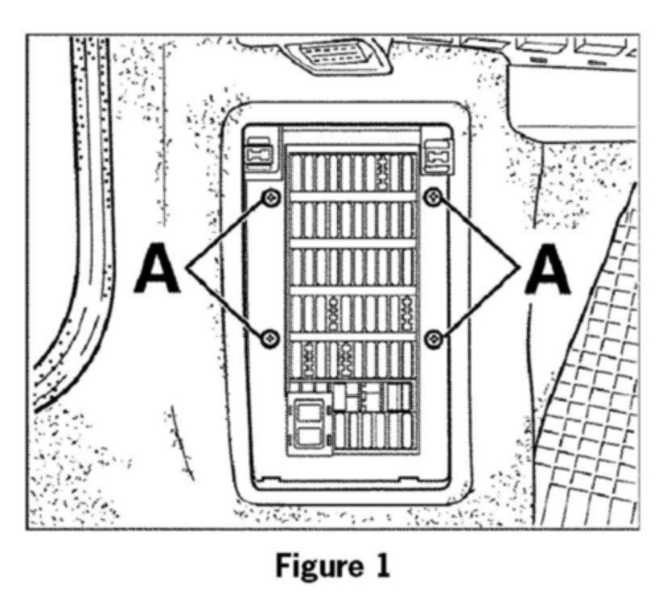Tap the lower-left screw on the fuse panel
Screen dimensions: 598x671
pyautogui.click(x=270, y=337)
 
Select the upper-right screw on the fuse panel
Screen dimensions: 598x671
pyautogui.click(x=434, y=196)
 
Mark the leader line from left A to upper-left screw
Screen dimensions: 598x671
pyautogui.click(x=228, y=233)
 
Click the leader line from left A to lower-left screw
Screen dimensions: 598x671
pyautogui.click(x=228, y=303)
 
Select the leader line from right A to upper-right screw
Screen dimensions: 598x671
pyautogui.click(x=479, y=233)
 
